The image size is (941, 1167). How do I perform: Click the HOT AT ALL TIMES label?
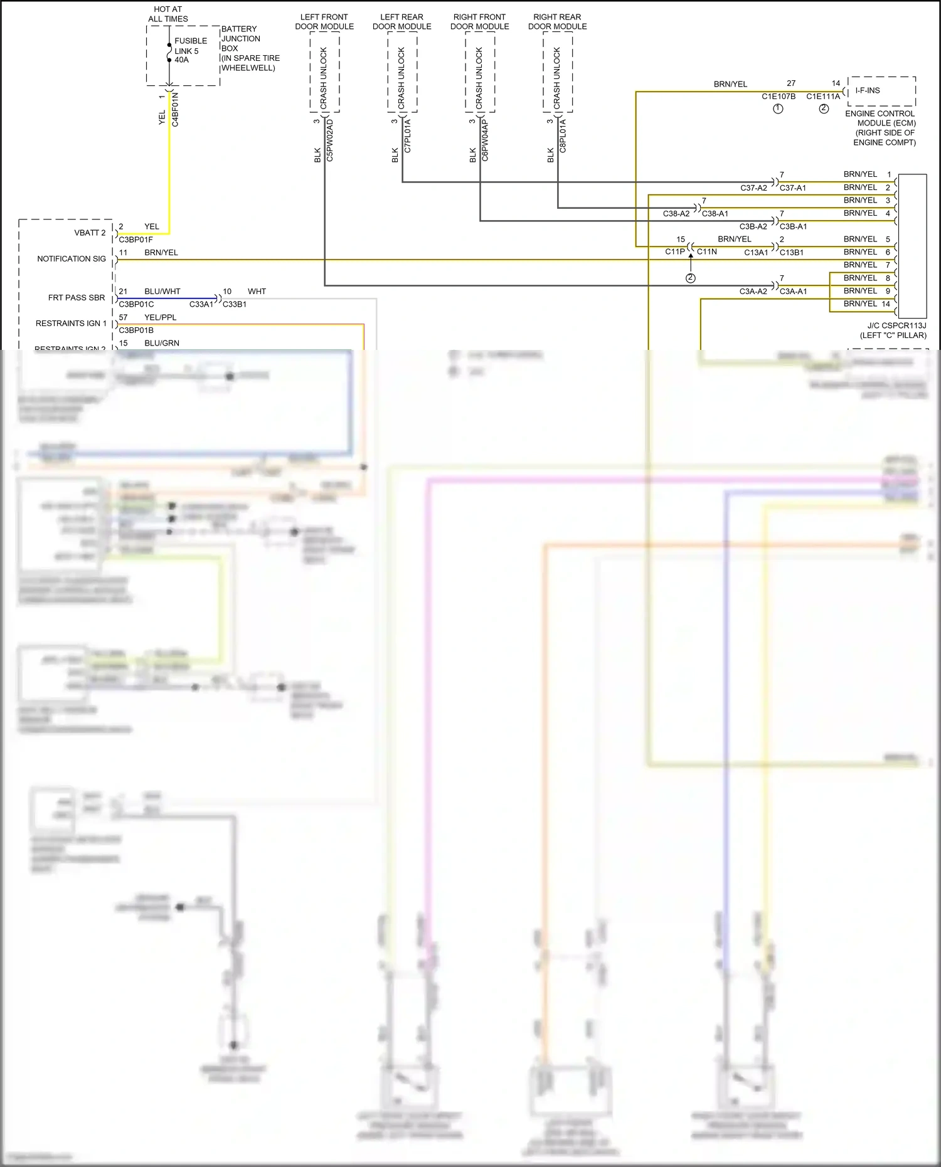168,14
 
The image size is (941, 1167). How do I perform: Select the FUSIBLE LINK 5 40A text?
190,50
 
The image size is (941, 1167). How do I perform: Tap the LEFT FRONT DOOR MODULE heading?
324,21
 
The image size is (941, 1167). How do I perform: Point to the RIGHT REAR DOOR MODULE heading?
557,21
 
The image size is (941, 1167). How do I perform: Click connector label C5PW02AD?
330,140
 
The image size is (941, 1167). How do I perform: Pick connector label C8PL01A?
563,136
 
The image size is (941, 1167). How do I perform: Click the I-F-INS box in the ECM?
868,90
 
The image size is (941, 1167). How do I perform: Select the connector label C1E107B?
779,96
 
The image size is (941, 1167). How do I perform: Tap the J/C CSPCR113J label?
896,325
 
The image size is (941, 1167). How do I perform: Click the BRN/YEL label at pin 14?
860,304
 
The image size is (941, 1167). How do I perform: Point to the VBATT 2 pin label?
90,233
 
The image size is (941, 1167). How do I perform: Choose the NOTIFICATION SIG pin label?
72,258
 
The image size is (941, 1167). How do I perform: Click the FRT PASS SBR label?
77,297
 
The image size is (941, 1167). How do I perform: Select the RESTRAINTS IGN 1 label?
71,323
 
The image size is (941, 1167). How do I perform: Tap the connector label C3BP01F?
136,240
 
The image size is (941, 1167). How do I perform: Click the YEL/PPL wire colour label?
161,317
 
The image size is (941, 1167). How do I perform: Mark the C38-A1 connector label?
715,214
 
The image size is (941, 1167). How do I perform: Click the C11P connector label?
675,251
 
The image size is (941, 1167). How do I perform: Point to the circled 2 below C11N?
691,278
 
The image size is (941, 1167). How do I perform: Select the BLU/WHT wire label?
162,292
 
